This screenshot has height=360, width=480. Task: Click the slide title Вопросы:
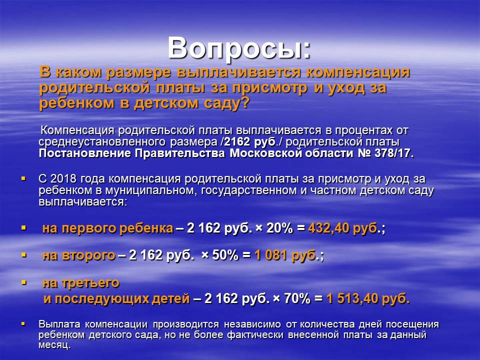click(x=239, y=48)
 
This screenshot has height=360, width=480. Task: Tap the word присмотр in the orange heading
click(x=269, y=88)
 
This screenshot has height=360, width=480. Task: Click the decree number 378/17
click(x=394, y=153)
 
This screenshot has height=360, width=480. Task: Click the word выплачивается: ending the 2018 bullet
click(x=82, y=202)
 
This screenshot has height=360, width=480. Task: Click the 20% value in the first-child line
click(x=279, y=228)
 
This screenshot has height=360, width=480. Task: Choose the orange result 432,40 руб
click(x=342, y=228)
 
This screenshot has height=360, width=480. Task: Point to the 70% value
click(x=297, y=298)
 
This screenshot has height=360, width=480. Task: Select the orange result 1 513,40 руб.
click(x=368, y=299)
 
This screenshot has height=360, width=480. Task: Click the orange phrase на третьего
click(x=81, y=283)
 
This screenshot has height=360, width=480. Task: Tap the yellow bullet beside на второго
click(x=23, y=255)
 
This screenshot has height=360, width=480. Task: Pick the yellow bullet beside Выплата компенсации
click(x=23, y=323)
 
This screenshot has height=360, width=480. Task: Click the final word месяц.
click(x=54, y=345)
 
